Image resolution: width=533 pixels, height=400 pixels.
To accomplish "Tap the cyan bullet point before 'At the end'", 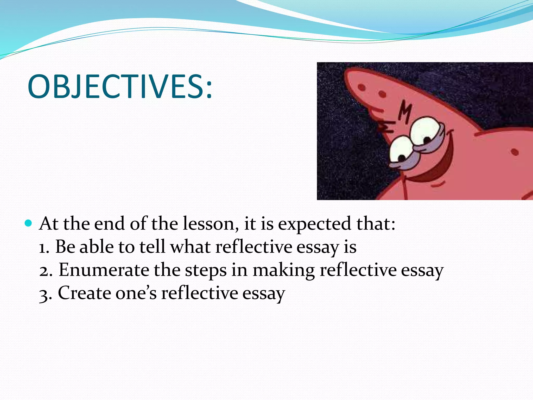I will (x=28, y=223).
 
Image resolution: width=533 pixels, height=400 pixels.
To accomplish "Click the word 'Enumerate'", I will (x=104, y=270).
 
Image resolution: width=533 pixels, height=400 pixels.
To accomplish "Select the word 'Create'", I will (x=84, y=293).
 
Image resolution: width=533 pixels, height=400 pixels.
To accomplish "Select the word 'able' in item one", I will (x=97, y=247).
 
